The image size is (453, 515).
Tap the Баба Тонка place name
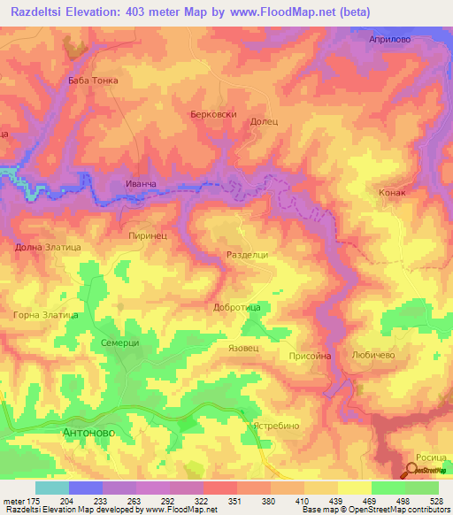point(93,80)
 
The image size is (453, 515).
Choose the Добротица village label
point(236,307)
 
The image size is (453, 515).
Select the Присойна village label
point(310,356)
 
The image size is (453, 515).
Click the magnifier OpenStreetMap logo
point(414,470)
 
